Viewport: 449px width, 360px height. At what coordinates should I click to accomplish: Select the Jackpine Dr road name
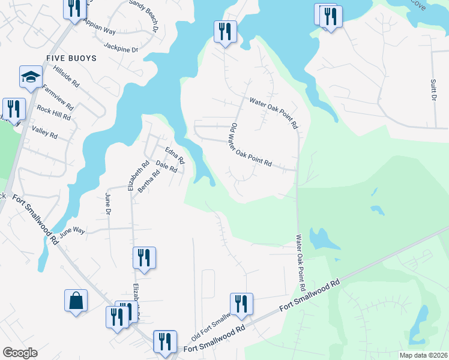[121, 46]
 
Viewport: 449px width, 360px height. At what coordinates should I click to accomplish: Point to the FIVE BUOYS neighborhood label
[71, 59]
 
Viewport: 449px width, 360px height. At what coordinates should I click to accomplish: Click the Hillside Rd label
[67, 77]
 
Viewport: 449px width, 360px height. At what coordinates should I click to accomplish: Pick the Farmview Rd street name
[59, 97]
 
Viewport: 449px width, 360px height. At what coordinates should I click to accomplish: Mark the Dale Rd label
[166, 166]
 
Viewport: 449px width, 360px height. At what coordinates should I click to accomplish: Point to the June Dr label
[108, 204]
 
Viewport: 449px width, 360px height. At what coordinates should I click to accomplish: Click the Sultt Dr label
[433, 88]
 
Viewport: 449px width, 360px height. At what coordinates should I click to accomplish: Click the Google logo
[20, 353]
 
